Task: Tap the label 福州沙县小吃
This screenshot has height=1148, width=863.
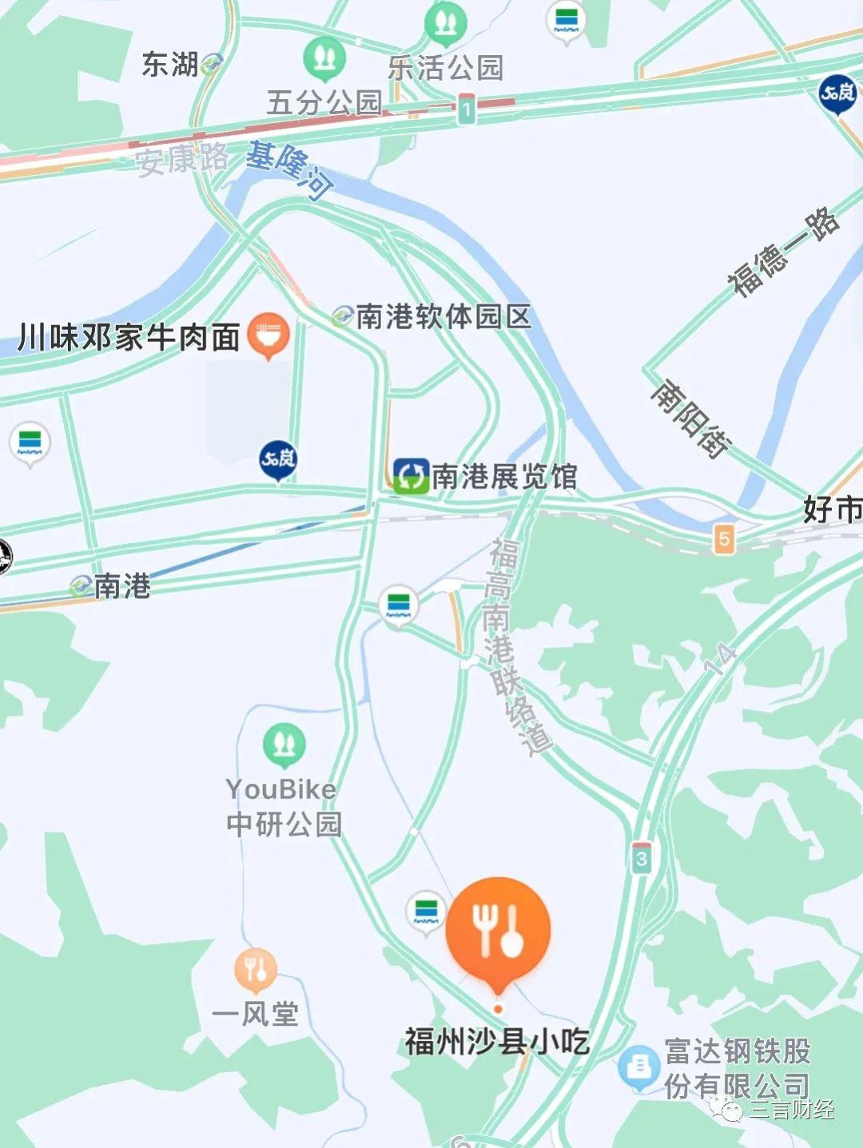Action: [497, 1042]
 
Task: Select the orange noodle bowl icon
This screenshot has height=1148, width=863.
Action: [268, 334]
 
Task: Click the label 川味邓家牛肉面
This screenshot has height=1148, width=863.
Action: [129, 337]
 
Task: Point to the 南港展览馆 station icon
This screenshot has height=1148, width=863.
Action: [411, 477]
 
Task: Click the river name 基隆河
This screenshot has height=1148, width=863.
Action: [288, 169]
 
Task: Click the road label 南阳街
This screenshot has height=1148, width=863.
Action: [690, 419]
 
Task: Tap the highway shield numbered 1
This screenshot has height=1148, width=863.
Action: [466, 108]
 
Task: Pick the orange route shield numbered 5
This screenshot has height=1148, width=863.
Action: [724, 538]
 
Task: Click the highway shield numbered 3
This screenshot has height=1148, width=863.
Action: [641, 858]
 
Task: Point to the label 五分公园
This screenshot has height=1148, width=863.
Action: [324, 102]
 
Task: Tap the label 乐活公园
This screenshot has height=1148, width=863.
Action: [445, 68]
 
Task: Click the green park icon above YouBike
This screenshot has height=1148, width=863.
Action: [284, 745]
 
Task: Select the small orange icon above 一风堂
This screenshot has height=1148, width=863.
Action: [256, 969]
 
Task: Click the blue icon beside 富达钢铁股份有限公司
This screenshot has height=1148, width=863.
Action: [638, 1067]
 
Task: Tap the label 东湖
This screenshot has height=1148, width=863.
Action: [169, 65]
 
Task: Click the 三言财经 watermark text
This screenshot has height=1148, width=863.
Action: [791, 1109]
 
